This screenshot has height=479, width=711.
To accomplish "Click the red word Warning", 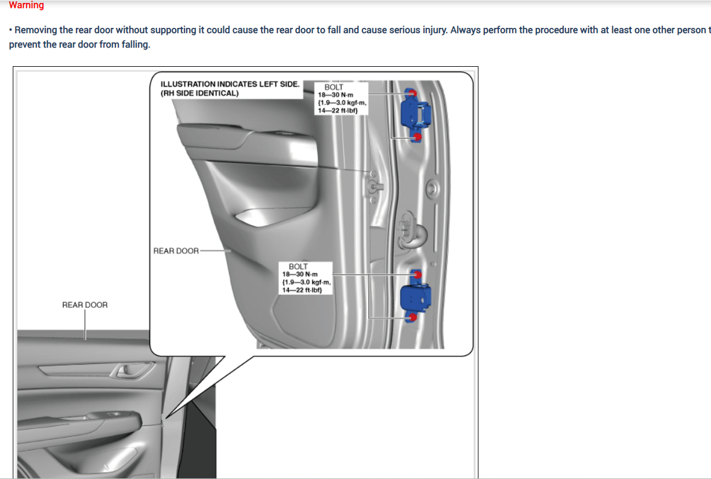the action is tap(26, 5).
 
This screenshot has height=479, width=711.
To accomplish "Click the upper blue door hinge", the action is tap(415, 115).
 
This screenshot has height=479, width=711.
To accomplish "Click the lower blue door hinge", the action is tap(415, 296).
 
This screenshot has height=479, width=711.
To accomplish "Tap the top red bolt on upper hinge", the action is tap(412, 93).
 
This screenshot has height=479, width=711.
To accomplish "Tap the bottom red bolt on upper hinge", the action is tap(418, 137).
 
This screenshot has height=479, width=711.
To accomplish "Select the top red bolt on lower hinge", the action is tap(418, 275).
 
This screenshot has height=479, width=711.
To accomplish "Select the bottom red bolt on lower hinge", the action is tap(413, 317).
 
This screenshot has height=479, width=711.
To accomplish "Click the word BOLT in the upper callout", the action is tap(333, 87).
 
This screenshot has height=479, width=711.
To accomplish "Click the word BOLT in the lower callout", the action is tap(298, 266).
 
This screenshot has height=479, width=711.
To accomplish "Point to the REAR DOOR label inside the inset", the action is tap(176, 251).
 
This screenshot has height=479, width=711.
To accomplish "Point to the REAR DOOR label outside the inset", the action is tap(85, 305).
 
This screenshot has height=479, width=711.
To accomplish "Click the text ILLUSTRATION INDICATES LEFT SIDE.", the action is tap(230, 84).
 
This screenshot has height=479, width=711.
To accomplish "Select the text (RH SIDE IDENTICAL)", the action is tap(199, 93).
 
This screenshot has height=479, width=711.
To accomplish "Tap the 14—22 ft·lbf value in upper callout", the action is tap(338, 111).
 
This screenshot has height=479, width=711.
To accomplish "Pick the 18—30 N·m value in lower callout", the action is tap(300, 274).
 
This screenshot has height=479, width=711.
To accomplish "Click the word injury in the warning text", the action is tap(433, 30).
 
